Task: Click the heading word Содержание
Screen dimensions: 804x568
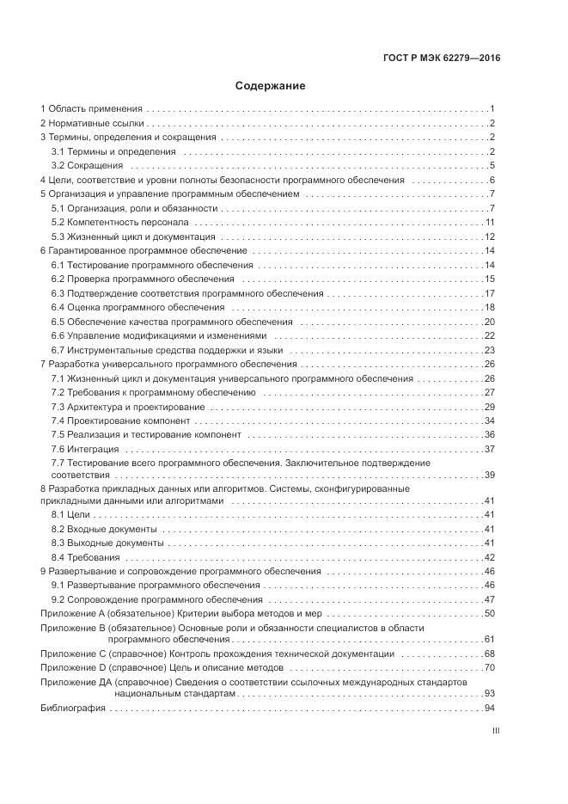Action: pos(271,86)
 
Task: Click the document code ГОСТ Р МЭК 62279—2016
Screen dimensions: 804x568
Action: pos(442,58)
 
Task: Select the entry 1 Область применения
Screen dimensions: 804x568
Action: pos(91,109)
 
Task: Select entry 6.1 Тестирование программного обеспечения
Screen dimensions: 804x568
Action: pos(152,265)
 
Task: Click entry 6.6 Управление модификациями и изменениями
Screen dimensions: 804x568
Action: pos(159,335)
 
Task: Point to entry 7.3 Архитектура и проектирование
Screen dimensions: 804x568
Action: pos(128,407)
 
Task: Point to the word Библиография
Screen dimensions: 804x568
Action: pos(73,709)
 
